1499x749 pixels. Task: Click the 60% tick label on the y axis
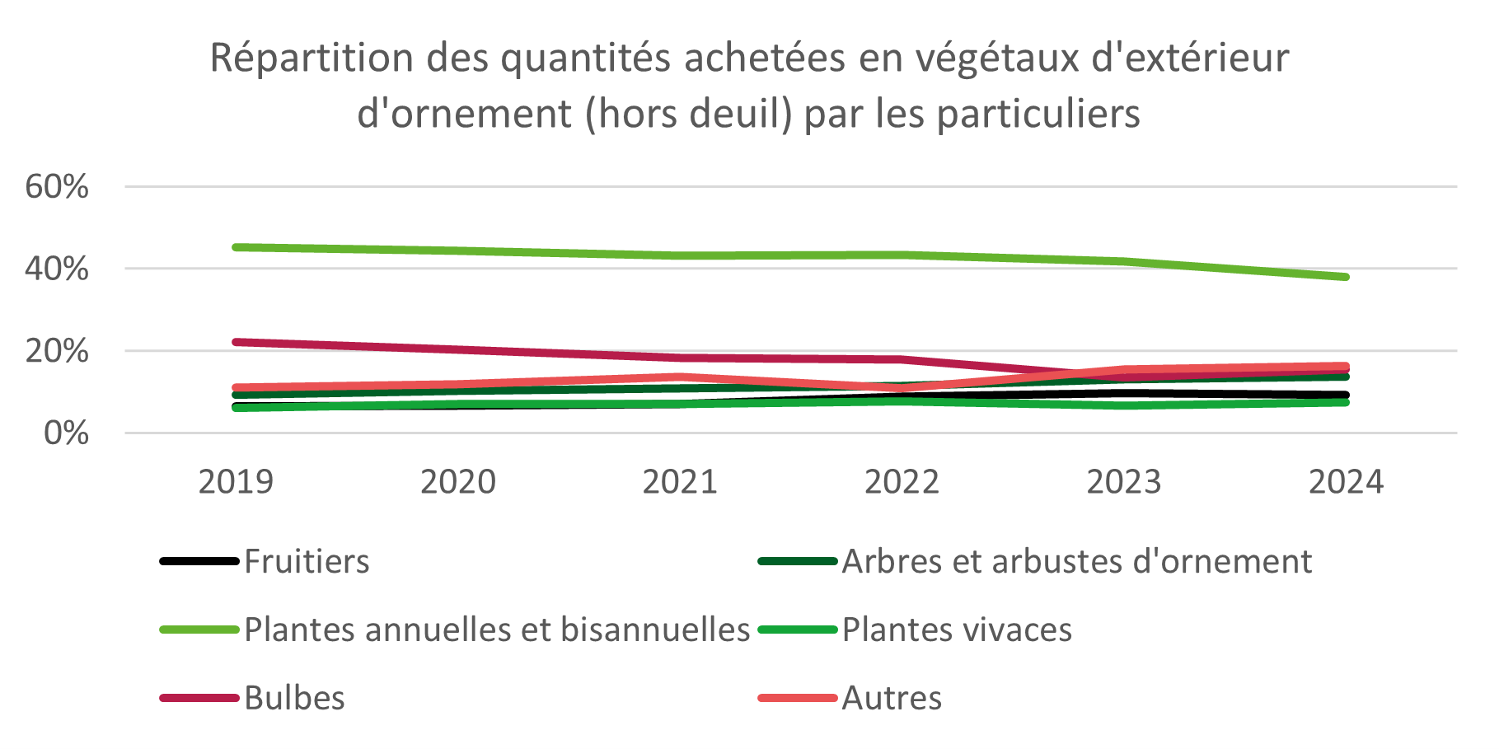tap(57, 187)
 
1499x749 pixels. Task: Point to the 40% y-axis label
tap(57, 269)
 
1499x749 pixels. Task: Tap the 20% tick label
tap(57, 351)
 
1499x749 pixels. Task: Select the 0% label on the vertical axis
tap(66, 433)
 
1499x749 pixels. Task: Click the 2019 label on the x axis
tap(236, 482)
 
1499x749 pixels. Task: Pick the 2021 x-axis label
tap(680, 482)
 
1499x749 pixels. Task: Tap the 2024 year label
tap(1346, 482)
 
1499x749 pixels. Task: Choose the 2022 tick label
tap(902, 482)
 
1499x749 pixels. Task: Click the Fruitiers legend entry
tap(307, 562)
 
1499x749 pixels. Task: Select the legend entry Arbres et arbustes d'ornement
tap(1076, 562)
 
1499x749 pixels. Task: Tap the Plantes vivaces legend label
tap(957, 630)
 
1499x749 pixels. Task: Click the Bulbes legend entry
tap(294, 699)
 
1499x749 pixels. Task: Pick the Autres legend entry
tap(892, 699)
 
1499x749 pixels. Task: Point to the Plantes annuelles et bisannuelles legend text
tap(497, 630)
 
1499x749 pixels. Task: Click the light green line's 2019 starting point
tap(237, 247)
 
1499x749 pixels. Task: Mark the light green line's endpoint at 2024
tap(1345, 277)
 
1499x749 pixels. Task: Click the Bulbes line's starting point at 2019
tap(237, 342)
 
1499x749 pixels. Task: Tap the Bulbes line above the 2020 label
tap(458, 350)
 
